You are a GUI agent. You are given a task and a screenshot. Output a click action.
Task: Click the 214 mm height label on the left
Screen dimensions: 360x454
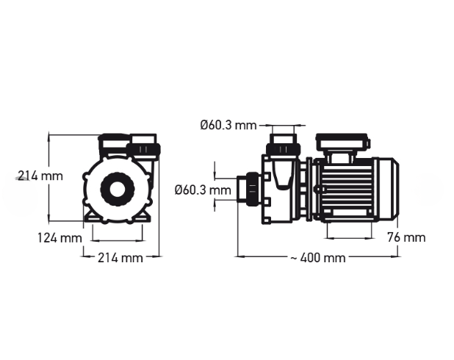(x=40, y=176)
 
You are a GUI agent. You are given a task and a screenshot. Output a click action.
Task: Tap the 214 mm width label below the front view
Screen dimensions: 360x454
(x=121, y=257)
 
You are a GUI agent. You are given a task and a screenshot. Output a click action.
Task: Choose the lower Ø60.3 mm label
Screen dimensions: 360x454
(x=202, y=190)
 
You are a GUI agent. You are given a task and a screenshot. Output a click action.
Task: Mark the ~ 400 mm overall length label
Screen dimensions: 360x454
(x=317, y=258)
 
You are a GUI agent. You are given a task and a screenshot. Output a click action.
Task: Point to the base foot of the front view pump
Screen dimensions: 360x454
(x=118, y=219)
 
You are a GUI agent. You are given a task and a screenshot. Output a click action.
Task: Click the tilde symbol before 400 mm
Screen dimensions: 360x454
(x=294, y=258)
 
